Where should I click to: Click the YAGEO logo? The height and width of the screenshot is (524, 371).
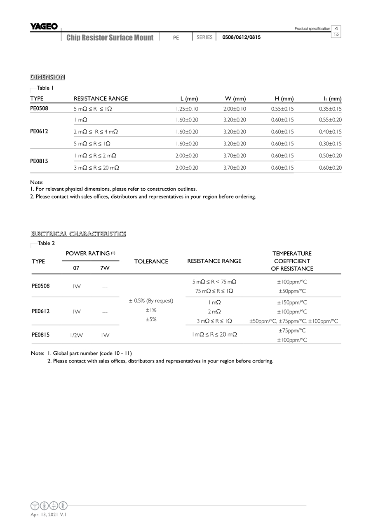(44, 26)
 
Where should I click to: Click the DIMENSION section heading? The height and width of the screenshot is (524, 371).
(47, 77)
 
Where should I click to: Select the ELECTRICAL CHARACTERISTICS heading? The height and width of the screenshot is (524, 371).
(78, 234)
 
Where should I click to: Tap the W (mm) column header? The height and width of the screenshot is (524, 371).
(235, 99)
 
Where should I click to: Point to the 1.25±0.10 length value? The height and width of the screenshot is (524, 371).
(187, 109)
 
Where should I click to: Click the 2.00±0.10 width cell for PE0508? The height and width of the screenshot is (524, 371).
(235, 109)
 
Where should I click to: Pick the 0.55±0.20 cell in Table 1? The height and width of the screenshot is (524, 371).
(330, 120)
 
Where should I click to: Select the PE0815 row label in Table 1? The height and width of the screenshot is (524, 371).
(39, 161)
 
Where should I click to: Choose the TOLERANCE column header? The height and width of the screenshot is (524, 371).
(151, 262)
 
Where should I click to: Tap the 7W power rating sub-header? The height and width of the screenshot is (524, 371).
(105, 268)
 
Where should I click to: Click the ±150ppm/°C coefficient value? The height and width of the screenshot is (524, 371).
(292, 303)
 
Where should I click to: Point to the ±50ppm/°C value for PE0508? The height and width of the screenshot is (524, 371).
(292, 291)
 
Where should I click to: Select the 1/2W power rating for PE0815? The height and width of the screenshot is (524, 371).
(76, 335)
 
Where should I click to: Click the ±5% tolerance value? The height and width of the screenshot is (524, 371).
(151, 319)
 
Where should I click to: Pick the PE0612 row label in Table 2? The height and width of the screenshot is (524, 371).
(40, 311)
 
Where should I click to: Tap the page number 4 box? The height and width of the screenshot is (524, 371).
(336, 28)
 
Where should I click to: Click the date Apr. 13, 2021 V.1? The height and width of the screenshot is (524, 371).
(48, 515)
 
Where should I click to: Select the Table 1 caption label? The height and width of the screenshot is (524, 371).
(45, 88)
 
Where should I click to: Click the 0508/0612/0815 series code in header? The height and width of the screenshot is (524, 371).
(242, 37)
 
